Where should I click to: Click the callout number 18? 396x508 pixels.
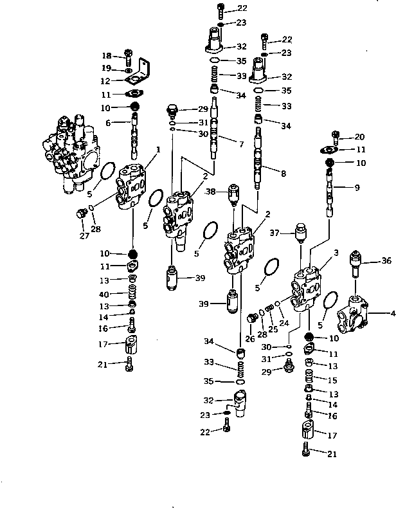click(x=107, y=56)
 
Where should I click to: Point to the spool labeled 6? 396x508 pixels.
click(x=135, y=135)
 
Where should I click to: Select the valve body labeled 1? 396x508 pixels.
click(x=133, y=188)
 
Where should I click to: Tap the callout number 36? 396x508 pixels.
click(x=386, y=260)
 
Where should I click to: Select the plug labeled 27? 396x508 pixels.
click(x=81, y=214)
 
